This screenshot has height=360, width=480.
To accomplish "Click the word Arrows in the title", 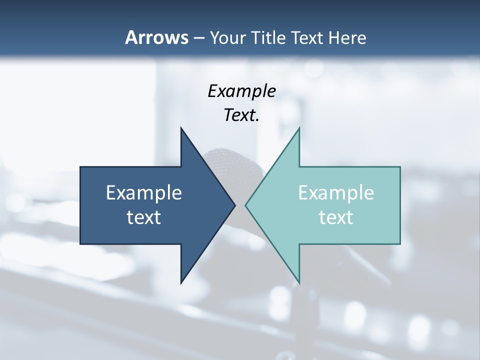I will [x=156, y=37].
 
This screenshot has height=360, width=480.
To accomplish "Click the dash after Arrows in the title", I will [x=198, y=38].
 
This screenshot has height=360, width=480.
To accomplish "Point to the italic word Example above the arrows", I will [x=241, y=91].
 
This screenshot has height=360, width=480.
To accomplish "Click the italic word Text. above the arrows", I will [x=241, y=115].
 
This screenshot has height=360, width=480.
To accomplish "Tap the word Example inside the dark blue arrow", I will [x=144, y=193].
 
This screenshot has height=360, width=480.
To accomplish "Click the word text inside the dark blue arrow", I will [x=144, y=217].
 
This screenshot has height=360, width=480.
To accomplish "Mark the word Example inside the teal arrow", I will [x=336, y=193].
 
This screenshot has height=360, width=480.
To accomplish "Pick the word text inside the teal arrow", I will [x=336, y=217].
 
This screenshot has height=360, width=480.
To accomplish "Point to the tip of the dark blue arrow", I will [x=234, y=205].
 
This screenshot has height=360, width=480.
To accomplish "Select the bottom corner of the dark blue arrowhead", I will [x=181, y=282].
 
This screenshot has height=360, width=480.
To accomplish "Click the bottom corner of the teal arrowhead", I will [x=298, y=282].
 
